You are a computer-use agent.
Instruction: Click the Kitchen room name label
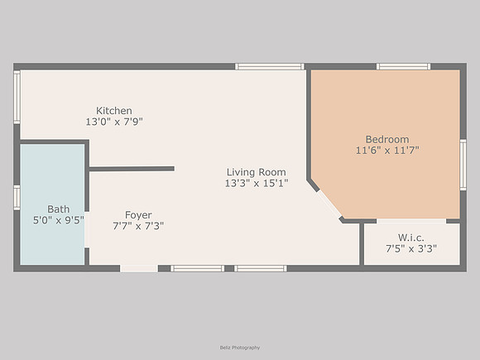114,111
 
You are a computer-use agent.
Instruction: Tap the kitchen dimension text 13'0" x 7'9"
114,122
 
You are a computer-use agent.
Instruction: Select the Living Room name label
257,172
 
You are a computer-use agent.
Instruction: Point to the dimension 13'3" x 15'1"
257,184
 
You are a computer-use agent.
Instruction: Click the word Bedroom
387,139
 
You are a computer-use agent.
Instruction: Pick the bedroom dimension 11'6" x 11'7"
387,151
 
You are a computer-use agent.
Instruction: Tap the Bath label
58,209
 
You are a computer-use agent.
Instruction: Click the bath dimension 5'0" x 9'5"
58,220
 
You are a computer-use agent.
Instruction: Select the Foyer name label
138,215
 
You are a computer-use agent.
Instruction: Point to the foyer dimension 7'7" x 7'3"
138,226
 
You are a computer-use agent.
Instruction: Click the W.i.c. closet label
411,238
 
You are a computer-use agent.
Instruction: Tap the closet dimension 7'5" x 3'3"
411,248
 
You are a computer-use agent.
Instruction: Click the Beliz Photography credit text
240,348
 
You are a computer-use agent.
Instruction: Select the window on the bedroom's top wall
403,66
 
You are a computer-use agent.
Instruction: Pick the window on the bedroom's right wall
463,165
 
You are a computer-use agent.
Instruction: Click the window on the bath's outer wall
17,198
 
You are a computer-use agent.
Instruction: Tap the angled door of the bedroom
329,204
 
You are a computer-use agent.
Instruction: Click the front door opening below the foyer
139,268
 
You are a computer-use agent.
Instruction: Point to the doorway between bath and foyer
87,229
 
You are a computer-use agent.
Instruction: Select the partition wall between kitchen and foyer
132,169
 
